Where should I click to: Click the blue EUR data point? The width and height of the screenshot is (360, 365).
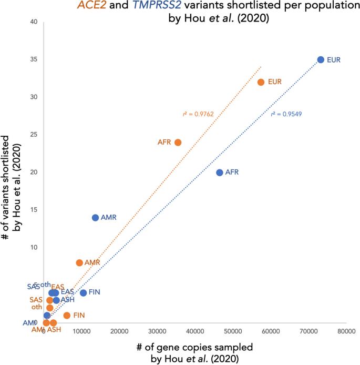321,60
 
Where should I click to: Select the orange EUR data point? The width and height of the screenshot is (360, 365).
261,82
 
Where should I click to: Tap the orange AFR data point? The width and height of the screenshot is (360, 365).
178,142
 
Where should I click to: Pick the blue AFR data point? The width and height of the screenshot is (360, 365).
220,173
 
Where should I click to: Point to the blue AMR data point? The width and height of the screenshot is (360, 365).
95,218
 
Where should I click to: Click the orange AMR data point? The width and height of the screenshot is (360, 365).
79,262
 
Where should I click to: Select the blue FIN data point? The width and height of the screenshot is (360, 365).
83,292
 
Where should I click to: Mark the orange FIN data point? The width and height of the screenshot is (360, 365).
67,315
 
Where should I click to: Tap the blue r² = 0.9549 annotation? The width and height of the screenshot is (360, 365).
286,114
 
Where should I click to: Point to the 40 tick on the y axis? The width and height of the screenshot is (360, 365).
34,22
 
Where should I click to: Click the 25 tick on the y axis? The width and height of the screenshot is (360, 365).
34,135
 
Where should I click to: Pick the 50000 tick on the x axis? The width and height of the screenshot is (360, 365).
232,331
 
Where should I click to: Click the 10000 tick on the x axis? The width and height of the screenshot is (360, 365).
81,331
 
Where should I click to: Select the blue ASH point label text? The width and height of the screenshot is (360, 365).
67,300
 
